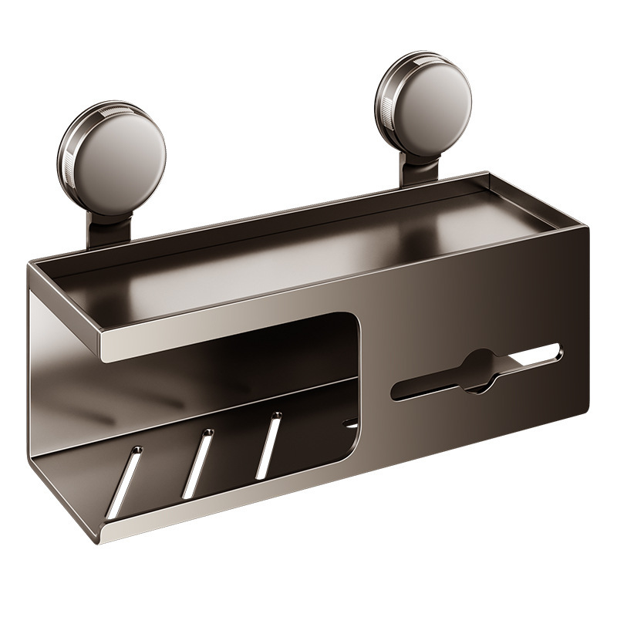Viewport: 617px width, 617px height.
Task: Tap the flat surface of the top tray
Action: (x=308, y=255)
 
